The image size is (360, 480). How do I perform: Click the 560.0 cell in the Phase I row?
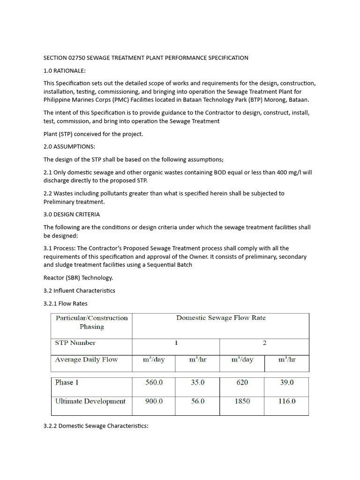(154, 382)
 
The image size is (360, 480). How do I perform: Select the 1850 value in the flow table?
(242, 401)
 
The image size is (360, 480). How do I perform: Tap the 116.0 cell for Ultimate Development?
(286, 401)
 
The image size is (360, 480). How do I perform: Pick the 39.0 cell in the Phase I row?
(286, 382)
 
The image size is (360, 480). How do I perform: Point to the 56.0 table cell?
(197, 401)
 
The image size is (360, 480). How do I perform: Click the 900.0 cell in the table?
(154, 401)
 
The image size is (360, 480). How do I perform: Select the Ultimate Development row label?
(90, 401)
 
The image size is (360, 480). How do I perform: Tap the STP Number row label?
(75, 343)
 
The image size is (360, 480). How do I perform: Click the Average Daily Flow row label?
(86, 360)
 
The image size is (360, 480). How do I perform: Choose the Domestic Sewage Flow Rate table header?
(221, 318)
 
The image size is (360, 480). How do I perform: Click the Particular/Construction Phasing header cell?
(91, 322)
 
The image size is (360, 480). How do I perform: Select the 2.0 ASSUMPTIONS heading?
(69, 147)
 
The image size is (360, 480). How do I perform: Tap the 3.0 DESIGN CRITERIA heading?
(71, 214)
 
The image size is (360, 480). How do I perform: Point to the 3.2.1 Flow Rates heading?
(65, 303)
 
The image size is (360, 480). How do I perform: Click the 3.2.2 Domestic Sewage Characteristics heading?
(96, 426)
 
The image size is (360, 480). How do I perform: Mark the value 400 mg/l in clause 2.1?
(289, 172)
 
